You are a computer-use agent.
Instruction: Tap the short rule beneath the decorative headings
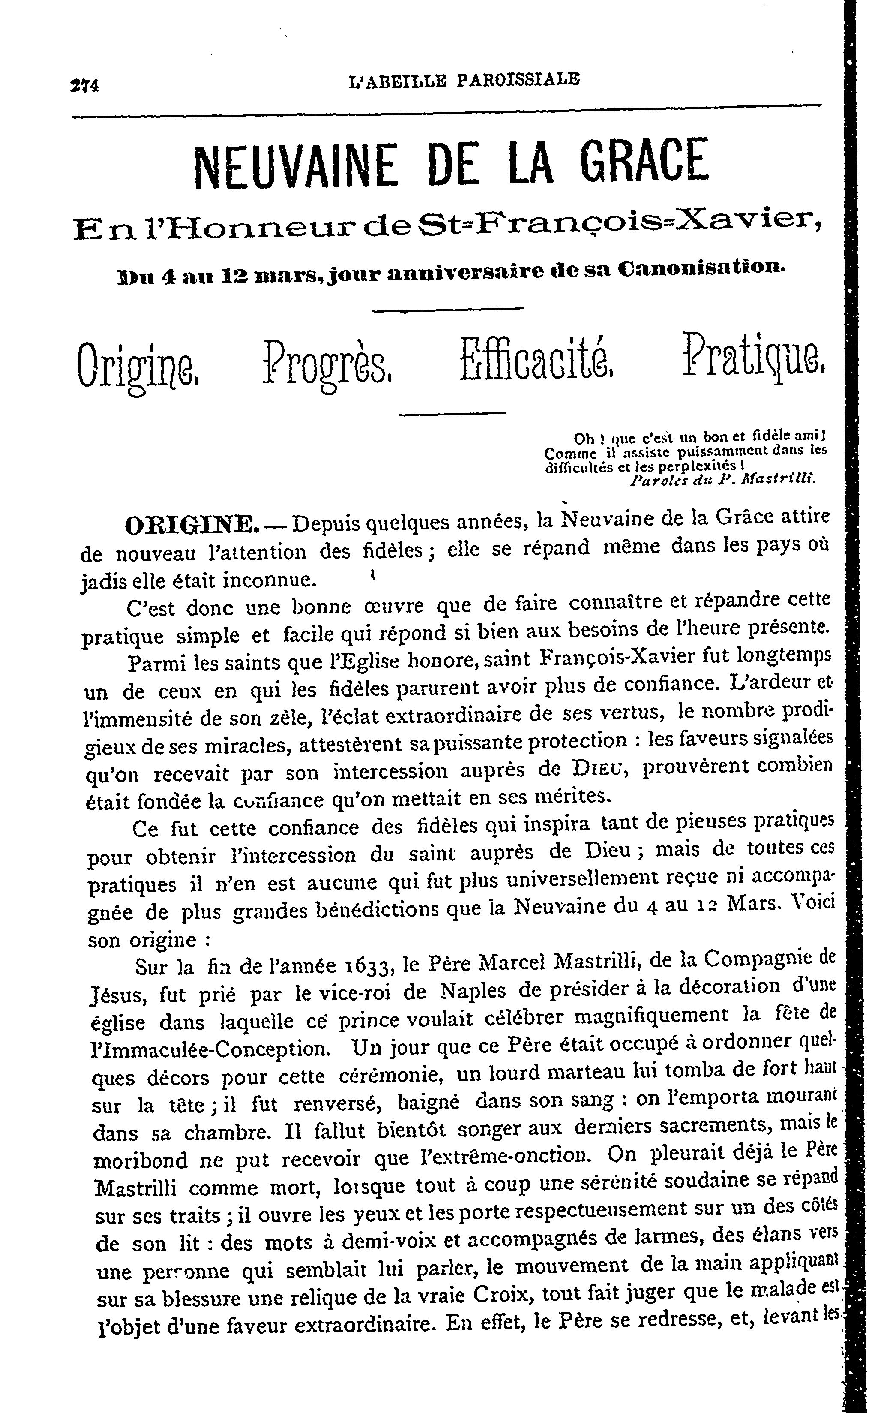click(452, 414)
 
